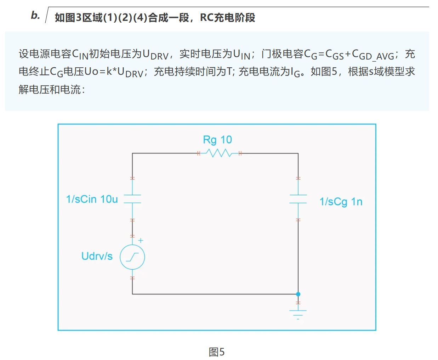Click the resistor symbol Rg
tap(219, 153)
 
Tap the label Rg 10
tap(217, 140)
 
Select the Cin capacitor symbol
tap(132, 199)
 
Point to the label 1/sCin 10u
tap(92, 199)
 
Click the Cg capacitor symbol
tap(298, 199)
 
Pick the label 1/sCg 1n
tap(341, 202)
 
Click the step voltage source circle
tap(132, 257)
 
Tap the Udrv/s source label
tap(97, 256)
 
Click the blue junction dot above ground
tap(298, 294)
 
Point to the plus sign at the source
tap(141, 241)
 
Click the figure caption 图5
tap(216, 352)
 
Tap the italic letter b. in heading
tap(35, 15)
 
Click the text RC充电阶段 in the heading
tap(227, 17)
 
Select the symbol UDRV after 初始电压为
tap(155, 55)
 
